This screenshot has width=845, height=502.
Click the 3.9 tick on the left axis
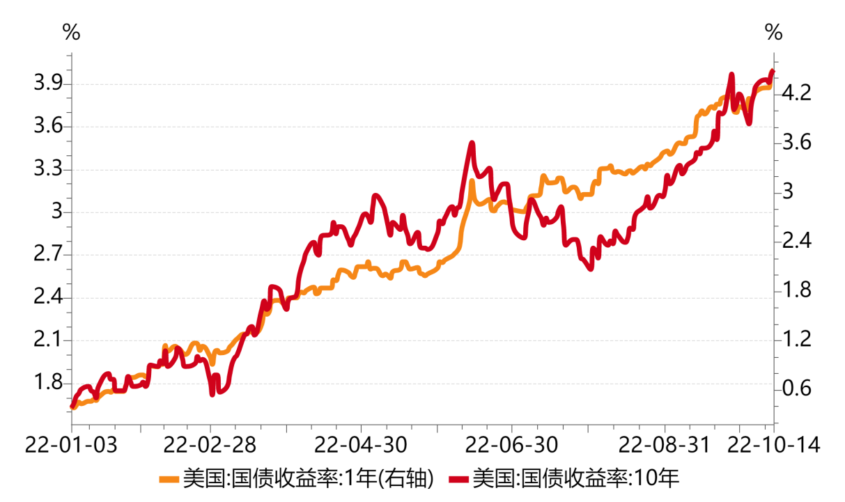point(47,84)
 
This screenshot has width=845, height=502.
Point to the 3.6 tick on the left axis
point(47,127)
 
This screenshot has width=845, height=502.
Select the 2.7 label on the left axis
point(47,256)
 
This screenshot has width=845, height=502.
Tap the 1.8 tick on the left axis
point(47,384)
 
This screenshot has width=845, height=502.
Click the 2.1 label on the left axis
point(47,341)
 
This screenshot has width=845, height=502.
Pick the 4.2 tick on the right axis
point(796,93)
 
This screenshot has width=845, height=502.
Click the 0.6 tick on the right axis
point(796,389)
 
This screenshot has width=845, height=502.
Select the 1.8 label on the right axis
point(796,290)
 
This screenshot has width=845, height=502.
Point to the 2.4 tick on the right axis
point(796,241)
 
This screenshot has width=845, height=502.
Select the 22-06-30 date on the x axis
point(511,444)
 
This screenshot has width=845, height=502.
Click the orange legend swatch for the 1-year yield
point(170,478)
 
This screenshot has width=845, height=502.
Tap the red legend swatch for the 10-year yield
point(459,478)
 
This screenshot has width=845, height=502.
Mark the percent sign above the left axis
point(71,32)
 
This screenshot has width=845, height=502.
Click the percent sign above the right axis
point(773,32)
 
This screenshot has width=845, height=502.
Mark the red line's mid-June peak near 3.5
point(472,143)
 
